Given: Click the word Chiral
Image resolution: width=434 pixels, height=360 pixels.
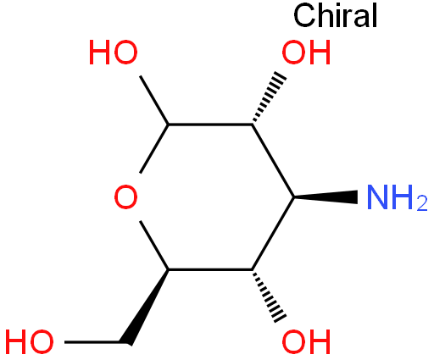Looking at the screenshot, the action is coord(336,15).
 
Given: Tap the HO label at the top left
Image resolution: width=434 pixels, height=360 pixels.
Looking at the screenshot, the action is coord(113,53).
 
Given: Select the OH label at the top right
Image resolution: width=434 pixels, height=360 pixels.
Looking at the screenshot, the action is coord(306,53).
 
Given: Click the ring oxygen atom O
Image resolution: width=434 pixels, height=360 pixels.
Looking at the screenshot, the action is coord(126,197).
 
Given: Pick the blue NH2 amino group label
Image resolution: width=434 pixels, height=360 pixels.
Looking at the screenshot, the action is coord(397,197).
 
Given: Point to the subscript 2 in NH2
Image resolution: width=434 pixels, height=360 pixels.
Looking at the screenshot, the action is coord(422,203).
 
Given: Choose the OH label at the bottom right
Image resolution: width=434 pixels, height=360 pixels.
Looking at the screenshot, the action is coord(306,342).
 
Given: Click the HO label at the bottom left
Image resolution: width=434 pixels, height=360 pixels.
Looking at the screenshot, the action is coord(30,342).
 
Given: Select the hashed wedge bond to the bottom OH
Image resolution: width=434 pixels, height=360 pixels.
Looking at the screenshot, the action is coord(268,296).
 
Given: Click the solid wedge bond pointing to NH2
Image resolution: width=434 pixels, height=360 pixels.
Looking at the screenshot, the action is coord(325,197).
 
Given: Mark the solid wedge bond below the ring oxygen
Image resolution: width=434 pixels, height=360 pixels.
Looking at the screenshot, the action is coord(147,307).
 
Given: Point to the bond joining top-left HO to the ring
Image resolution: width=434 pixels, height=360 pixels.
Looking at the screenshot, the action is coord(154,100).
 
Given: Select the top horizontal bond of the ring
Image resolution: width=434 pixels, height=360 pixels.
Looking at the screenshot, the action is coord(210,124).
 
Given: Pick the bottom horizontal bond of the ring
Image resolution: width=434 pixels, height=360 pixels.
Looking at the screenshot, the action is coord(210,270).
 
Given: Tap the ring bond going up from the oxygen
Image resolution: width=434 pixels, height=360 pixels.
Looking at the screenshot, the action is coord(154,148).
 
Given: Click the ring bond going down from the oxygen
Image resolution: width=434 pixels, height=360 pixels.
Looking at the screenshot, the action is coord(154,246).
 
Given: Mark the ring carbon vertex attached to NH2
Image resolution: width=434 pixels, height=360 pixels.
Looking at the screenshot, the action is coord(294,197).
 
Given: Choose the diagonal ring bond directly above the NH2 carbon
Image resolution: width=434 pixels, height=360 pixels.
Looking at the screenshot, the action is coord(273,160).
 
